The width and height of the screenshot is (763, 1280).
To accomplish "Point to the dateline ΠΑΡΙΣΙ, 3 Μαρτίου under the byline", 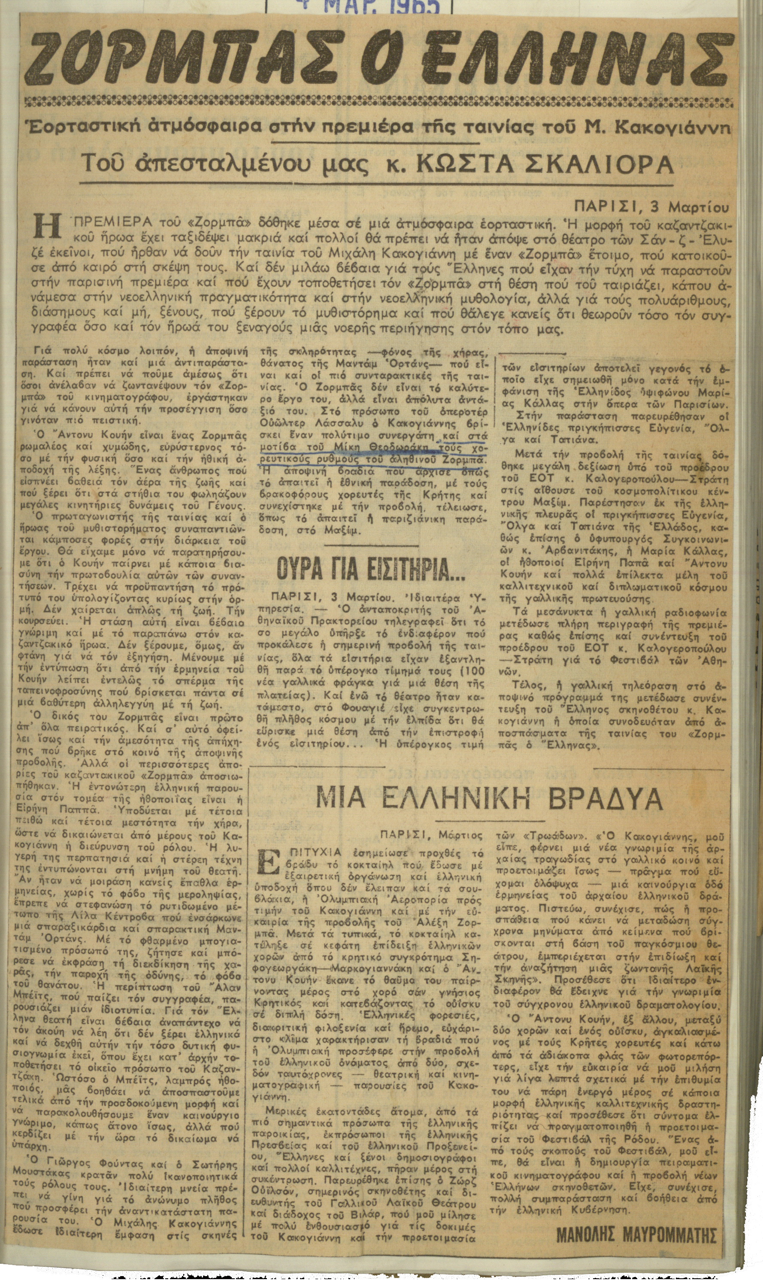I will pos(652,208).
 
